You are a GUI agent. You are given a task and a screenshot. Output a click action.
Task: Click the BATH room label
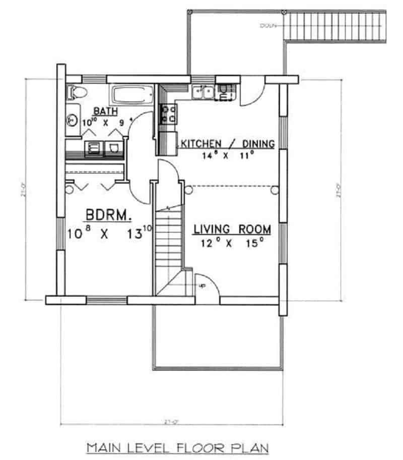tap(106, 110)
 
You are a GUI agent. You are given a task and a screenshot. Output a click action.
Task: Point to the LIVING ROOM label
tap(232, 229)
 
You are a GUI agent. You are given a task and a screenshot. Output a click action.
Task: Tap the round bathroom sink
tap(73, 120)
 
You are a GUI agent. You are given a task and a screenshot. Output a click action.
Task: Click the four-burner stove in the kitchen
tap(168, 113)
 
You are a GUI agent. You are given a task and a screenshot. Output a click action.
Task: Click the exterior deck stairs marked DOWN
tap(334, 25)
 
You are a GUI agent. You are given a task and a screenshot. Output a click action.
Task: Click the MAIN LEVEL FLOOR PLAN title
tap(177, 447)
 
